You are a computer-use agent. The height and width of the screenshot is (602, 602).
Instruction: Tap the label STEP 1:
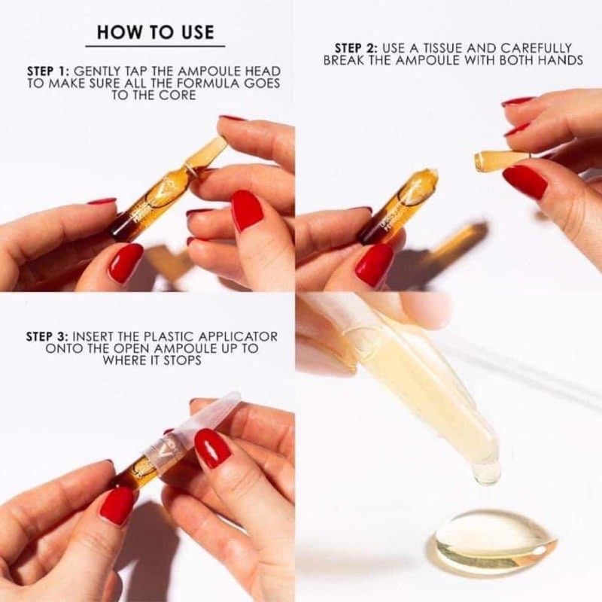point(48,70)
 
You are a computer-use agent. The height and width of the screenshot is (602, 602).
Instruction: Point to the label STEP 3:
point(48,336)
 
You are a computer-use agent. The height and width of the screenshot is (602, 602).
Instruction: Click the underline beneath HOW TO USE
point(155,47)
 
